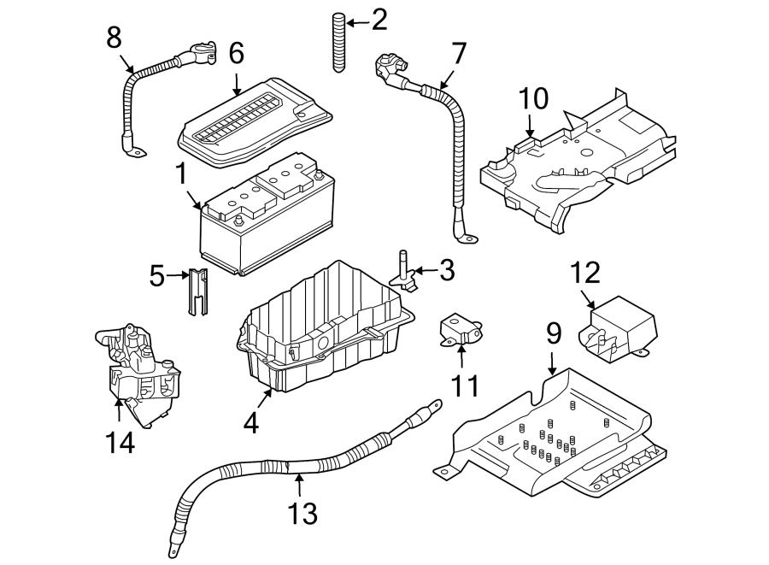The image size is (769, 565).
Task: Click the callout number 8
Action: coord(114,38)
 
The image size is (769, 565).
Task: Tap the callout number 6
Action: coord(237,53)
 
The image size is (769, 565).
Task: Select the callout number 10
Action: coord(533,98)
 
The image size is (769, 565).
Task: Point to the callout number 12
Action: coord(585,273)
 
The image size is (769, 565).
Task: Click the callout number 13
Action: coord(302,513)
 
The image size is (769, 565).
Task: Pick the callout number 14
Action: coord(120,443)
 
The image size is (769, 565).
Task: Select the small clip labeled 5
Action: coord(197,291)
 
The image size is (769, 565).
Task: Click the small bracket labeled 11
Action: coord(460,330)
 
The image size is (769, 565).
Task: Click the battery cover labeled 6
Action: coord(255,122)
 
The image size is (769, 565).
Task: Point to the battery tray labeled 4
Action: coord(326,327)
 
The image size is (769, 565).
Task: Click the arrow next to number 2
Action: coord(357,22)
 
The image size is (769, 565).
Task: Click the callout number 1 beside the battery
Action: coord(181,174)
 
